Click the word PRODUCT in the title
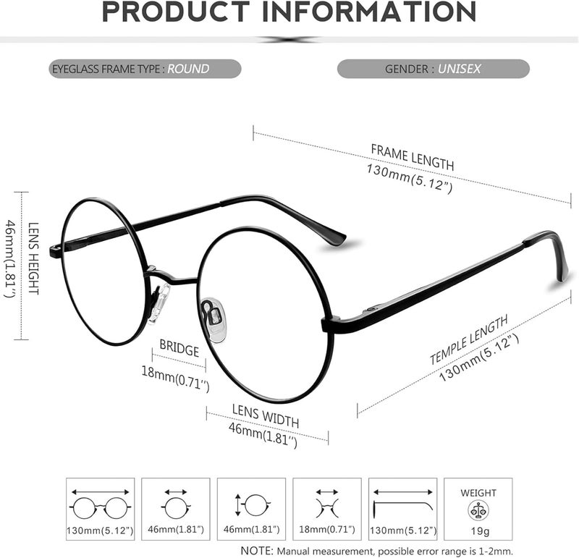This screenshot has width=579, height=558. click(x=176, y=12)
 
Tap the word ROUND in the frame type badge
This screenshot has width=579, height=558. click(x=188, y=69)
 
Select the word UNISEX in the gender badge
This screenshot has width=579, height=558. click(x=460, y=69)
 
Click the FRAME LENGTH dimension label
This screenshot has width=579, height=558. click(x=412, y=157)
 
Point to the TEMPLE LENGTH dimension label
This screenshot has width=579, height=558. click(x=469, y=340)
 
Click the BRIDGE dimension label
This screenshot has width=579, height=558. click(x=179, y=348)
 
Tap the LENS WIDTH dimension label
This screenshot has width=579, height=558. click(x=266, y=416)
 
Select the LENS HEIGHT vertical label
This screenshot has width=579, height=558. click(x=33, y=258)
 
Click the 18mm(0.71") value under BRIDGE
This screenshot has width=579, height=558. click(x=175, y=379)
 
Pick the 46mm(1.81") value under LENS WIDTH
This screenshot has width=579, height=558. click(x=263, y=436)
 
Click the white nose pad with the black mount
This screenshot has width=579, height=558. click(x=214, y=317)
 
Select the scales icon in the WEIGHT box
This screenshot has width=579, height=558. click(x=478, y=511)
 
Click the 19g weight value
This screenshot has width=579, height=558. click(x=480, y=531)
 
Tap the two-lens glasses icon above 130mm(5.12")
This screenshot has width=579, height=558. click(x=100, y=508)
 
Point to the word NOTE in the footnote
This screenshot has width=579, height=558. click(x=257, y=551)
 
